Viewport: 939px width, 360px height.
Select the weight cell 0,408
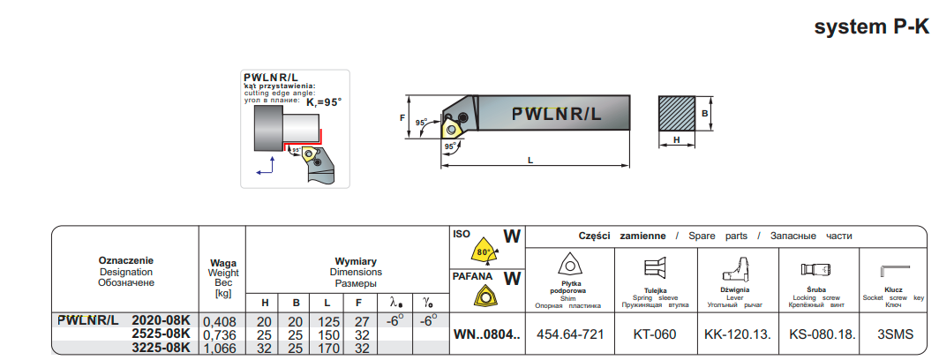pos(221,321)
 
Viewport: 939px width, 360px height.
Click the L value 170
pos(327,348)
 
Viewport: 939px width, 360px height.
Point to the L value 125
pos(327,321)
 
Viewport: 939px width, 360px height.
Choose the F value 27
pos(361,321)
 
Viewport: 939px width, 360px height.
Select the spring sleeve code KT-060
pos(656,334)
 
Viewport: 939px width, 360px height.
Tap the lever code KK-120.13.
pos(736,334)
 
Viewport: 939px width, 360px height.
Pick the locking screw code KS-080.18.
pos(816,334)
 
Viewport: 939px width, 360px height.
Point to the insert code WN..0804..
pos(487,334)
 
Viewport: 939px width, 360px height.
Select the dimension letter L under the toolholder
pos(530,160)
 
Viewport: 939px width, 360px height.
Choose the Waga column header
pos(222,262)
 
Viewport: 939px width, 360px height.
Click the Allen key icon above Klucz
pos(893,270)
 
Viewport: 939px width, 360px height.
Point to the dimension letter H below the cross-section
pos(676,139)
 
